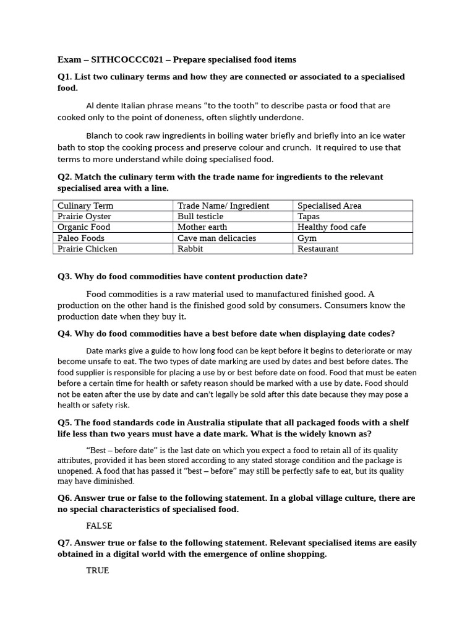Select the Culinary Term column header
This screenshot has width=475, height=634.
(85, 206)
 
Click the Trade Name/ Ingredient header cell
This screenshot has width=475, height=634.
(223, 206)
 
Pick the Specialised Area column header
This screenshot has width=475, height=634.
(330, 206)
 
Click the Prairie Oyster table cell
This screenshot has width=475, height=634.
(87, 216)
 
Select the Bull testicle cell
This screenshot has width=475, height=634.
(200, 216)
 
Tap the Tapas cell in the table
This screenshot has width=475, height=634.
(309, 216)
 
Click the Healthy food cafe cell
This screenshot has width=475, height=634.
(332, 227)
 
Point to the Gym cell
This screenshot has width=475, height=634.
(307, 238)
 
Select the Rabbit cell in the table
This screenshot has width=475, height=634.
(190, 249)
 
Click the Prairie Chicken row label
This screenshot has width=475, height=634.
(87, 249)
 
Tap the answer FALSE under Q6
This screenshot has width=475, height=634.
(99, 526)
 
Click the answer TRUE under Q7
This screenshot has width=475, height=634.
(97, 570)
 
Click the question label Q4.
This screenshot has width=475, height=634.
(64, 334)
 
